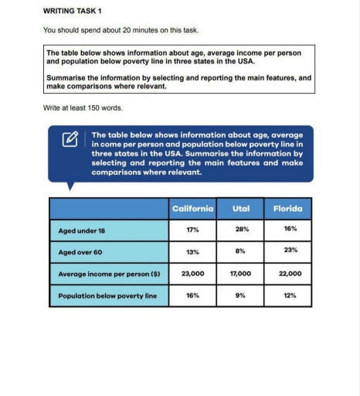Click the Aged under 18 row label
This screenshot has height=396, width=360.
83,230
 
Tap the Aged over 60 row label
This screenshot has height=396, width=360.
82,251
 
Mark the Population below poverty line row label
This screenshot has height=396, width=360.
107,295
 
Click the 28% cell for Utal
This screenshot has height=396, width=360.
241,230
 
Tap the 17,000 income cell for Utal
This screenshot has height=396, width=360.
241,273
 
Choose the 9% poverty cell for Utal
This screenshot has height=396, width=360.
241,295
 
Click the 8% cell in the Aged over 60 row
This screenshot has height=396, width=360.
241,251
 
